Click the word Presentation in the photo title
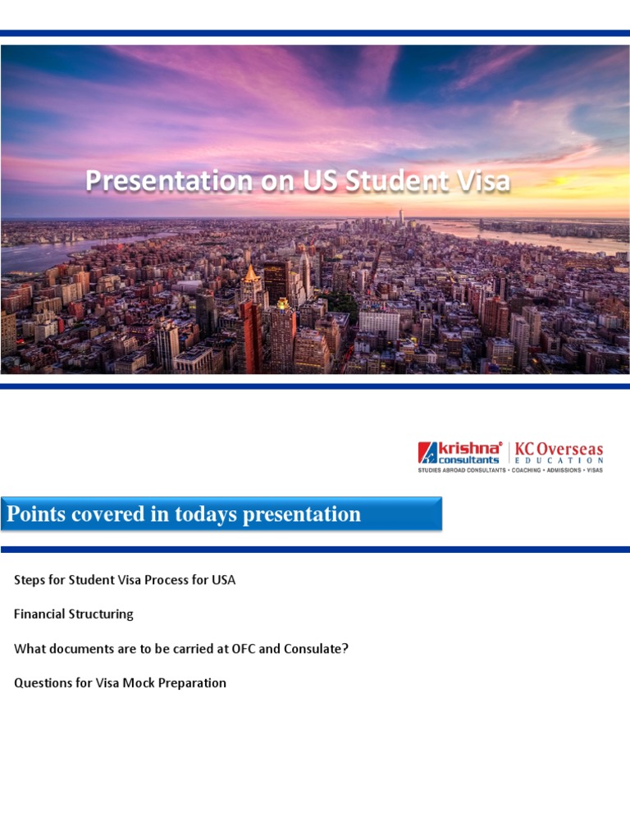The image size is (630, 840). [169, 181]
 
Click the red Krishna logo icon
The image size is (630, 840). [427, 453]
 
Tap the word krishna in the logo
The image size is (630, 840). [469, 448]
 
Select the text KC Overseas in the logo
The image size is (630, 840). [559, 450]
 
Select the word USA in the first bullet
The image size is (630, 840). [224, 580]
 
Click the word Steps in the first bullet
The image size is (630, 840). [30, 580]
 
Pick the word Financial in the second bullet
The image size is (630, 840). [39, 614]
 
